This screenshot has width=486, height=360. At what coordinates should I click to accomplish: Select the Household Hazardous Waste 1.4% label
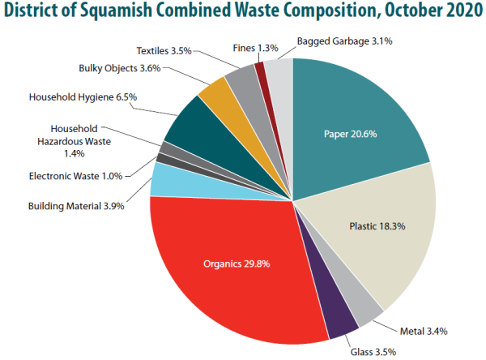coord(74,140)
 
